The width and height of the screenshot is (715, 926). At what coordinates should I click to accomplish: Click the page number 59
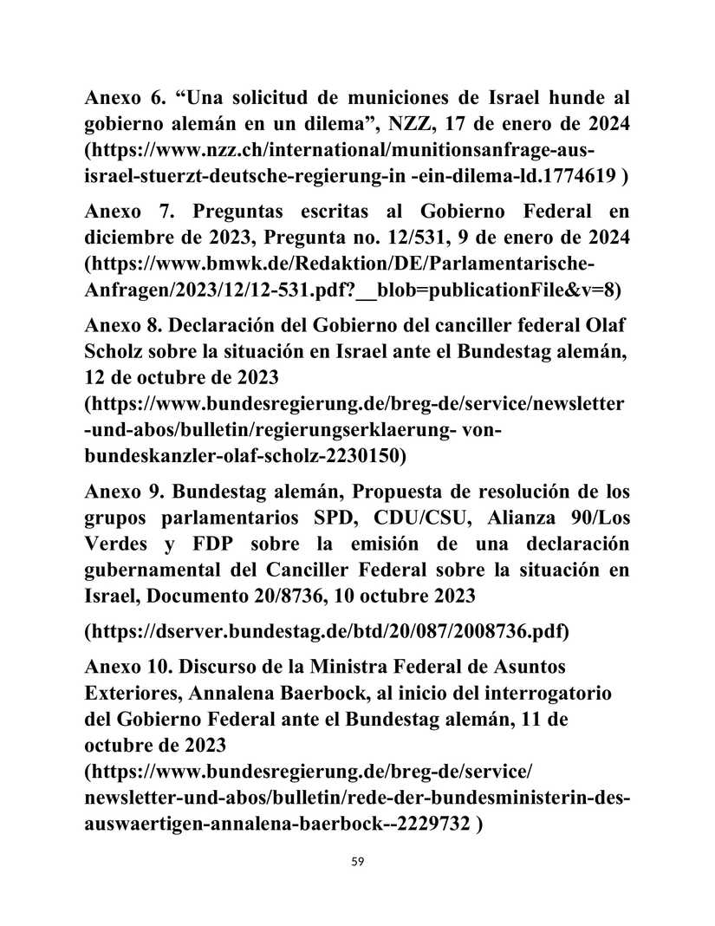pos(357,862)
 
